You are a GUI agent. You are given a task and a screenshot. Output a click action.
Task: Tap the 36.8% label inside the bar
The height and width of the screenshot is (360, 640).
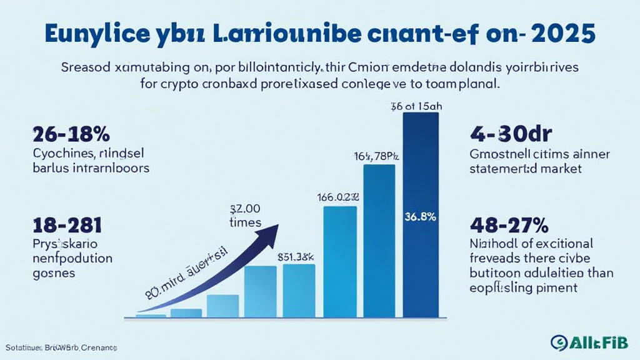[421, 217]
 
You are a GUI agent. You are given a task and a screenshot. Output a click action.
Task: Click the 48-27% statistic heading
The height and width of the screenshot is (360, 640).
[509, 225]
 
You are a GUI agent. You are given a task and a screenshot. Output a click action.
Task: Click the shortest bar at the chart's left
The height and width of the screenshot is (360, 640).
[151, 316]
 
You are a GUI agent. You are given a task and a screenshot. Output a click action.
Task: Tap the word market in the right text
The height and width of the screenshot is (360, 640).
[560, 168]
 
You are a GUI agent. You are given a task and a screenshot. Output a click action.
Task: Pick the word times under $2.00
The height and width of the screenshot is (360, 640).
[245, 222]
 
